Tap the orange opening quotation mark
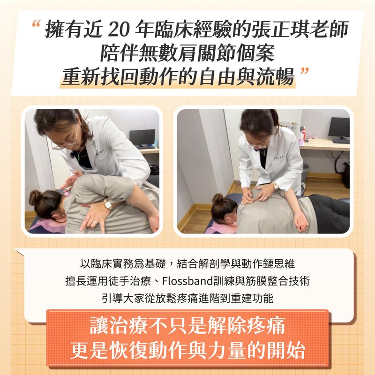[x=36, y=24]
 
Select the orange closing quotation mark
[x=304, y=71]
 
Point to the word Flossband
[x=187, y=281]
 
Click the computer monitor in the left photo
[x=142, y=138]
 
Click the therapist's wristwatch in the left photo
[x=108, y=204]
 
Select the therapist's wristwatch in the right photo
[x=275, y=186]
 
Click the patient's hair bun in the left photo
[x=35, y=197]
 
